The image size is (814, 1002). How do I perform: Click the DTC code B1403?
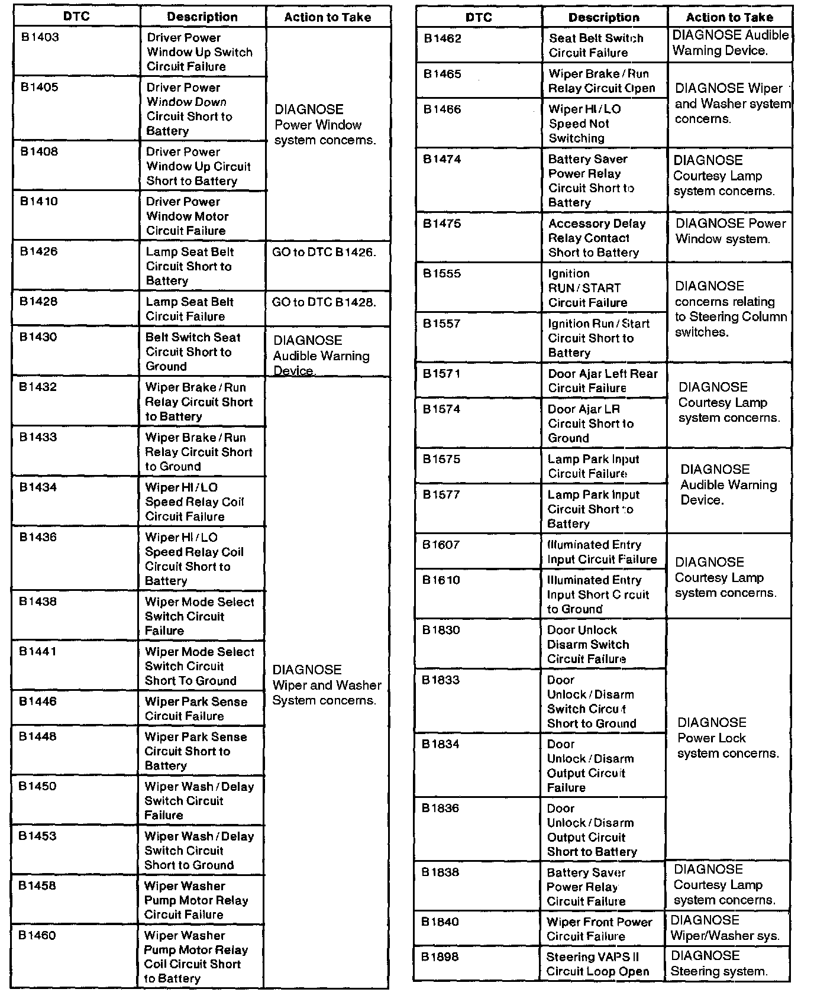pos(40,37)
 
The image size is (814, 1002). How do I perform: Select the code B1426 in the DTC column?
pos(39,251)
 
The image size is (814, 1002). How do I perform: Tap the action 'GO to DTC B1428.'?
pos(324,302)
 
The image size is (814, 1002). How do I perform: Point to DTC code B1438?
pos(38,602)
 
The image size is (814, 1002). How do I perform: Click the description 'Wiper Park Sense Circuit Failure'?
pos(196,709)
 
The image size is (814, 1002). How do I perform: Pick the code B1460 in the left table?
pos(37,935)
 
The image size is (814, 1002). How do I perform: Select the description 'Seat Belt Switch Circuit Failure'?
pos(596,46)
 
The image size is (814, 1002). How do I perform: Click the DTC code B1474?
pos(442,159)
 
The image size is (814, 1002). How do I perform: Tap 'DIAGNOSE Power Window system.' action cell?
pos(730,231)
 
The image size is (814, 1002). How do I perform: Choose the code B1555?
pos(442,273)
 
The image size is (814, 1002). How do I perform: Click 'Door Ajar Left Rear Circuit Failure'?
pos(602,381)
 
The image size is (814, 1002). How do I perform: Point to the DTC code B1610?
pos(441,580)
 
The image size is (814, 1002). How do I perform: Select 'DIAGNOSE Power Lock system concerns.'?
pos(728,738)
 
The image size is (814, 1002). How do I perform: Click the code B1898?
pos(440,956)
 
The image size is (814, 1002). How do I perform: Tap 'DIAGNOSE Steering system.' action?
pos(719,963)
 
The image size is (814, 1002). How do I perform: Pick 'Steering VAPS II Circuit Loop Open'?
pos(597,964)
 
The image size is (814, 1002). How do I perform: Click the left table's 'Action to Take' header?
pos(328,17)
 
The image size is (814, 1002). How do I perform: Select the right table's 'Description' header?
pos(603,18)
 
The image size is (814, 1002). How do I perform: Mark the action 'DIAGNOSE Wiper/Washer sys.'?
pos(725,928)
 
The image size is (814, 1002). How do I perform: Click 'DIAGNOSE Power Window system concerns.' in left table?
pos(325,125)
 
